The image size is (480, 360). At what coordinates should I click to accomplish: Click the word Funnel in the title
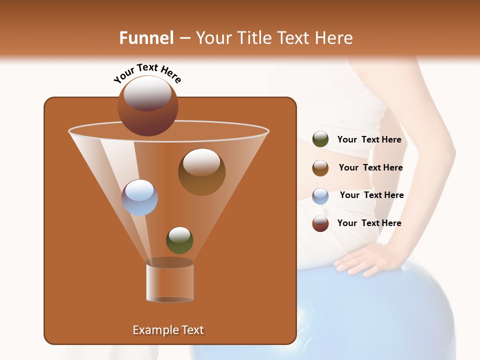pyautogui.click(x=146, y=38)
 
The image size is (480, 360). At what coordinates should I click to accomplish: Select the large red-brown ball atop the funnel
pyautogui.click(x=147, y=106)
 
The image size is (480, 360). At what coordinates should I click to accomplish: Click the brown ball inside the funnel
pyautogui.click(x=201, y=171)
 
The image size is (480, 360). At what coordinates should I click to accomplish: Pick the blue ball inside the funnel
pyautogui.click(x=139, y=197)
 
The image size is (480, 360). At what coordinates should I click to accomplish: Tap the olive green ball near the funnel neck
pyautogui.click(x=179, y=240)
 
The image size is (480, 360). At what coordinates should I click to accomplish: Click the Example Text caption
pyautogui.click(x=168, y=330)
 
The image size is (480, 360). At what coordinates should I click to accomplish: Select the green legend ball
pyautogui.click(x=320, y=139)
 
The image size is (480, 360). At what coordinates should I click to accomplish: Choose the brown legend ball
pyautogui.click(x=320, y=168)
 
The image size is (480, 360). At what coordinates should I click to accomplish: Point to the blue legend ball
pyautogui.click(x=320, y=195)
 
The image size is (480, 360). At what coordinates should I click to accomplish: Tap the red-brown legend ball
pyautogui.click(x=320, y=223)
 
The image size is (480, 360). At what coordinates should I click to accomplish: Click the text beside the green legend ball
pyautogui.click(x=369, y=139)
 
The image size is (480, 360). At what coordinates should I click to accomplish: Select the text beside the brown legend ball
pyautogui.click(x=370, y=167)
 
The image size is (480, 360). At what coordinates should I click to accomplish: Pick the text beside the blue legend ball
pyautogui.click(x=371, y=195)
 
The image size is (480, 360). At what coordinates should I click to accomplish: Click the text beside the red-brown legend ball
pyautogui.click(x=369, y=223)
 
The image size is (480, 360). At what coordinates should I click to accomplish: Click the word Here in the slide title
pyautogui.click(x=334, y=38)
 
